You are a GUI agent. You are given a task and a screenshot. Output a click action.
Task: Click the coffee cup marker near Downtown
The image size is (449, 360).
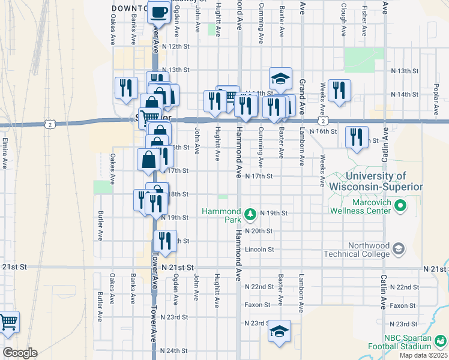click(x=159, y=11)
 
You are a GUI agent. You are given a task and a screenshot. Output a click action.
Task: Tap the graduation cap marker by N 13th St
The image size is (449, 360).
click(x=280, y=78)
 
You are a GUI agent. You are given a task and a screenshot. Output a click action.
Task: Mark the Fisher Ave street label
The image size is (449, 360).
click(x=365, y=20)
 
